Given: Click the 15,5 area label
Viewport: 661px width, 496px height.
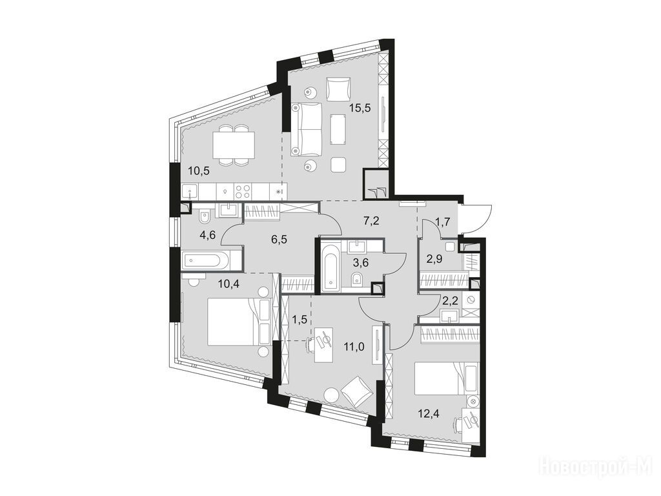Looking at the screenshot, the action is click(360, 108).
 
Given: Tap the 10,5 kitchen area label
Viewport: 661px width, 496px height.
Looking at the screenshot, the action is click(199, 171).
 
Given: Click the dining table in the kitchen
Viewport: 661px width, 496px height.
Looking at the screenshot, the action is click(234, 145).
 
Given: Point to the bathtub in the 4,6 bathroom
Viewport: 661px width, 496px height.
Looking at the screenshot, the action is click(205, 260).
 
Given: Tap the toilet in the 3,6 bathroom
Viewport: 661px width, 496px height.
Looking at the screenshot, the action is click(357, 279).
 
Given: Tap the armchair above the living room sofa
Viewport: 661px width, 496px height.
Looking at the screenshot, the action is click(338, 87).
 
